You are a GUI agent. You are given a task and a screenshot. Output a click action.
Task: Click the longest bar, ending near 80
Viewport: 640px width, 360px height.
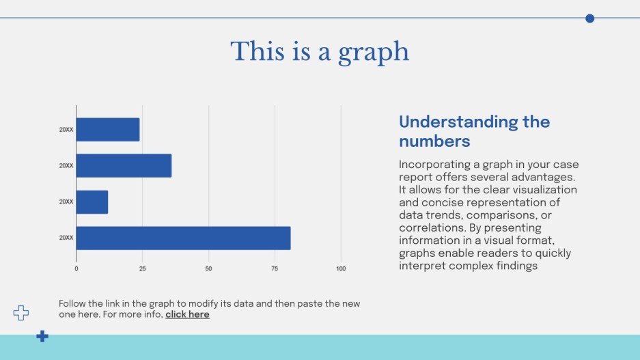(183, 238)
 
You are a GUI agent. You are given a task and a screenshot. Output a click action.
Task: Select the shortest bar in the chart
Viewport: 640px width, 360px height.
(92, 202)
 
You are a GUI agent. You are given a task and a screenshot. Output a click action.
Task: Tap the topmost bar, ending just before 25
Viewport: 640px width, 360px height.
(108, 130)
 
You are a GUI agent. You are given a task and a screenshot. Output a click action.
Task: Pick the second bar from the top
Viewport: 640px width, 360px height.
(124, 166)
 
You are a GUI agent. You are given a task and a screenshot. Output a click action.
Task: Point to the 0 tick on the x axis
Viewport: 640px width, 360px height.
(76, 268)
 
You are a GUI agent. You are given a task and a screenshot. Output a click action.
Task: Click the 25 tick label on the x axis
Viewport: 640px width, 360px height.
(143, 268)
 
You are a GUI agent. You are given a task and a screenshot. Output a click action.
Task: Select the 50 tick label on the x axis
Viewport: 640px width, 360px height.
(208, 268)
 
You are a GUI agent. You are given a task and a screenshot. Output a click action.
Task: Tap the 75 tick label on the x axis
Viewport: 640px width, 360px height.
(275, 268)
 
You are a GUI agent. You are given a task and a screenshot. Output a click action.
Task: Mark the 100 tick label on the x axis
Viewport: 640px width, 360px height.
(341, 268)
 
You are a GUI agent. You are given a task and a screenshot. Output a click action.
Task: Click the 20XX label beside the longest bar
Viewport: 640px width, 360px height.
(66, 238)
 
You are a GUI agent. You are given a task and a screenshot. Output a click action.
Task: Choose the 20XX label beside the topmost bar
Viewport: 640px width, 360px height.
(66, 129)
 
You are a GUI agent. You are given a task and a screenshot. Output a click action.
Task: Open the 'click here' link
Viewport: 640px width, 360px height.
(187, 315)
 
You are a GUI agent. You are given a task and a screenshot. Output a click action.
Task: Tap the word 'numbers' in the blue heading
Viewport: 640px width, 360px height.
(434, 141)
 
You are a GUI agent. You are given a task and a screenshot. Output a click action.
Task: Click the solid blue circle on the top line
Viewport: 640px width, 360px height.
(590, 18)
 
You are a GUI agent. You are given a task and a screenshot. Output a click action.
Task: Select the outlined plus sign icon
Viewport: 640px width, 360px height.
(21, 313)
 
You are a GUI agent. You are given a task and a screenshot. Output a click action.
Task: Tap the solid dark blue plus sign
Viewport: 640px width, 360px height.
(42, 336)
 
